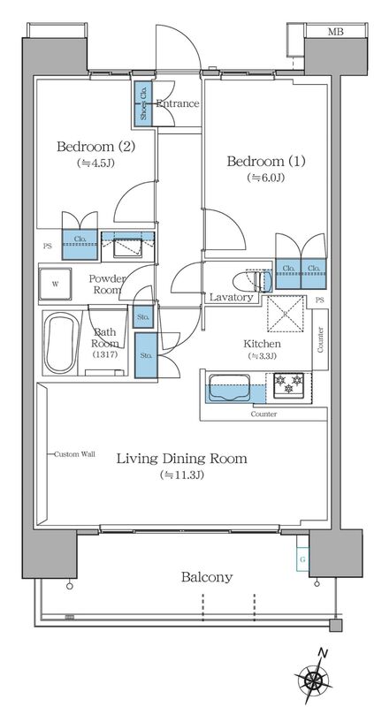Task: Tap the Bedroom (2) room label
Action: (96, 147)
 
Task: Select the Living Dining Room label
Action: (182, 459)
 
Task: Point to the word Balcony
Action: (207, 577)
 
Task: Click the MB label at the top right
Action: (335, 32)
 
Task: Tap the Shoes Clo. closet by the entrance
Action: (143, 103)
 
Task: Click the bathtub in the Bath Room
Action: (63, 343)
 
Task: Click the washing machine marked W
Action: (55, 284)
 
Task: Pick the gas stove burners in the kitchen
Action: (289, 384)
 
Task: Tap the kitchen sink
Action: (229, 387)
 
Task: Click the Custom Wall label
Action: (74, 454)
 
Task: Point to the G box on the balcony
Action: (302, 559)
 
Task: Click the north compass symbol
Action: (312, 679)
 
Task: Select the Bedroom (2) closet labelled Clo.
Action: (80, 245)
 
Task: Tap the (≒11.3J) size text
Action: (182, 475)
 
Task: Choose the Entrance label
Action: (178, 103)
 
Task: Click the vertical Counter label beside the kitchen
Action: (320, 340)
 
